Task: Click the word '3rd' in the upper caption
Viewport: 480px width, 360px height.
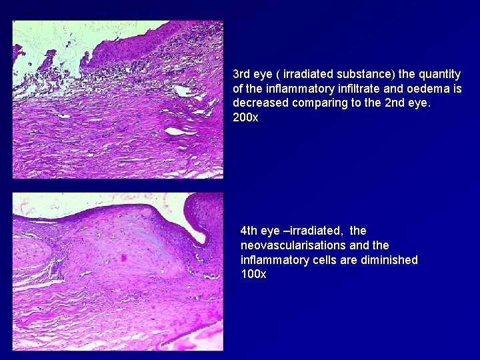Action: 242,74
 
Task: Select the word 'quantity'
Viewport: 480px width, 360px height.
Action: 439,74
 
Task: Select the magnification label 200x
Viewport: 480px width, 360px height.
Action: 245,118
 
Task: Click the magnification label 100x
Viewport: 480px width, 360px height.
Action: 253,275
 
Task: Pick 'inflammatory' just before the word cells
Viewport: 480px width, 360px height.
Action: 274,260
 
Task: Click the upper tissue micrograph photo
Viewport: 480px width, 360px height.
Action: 117,100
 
